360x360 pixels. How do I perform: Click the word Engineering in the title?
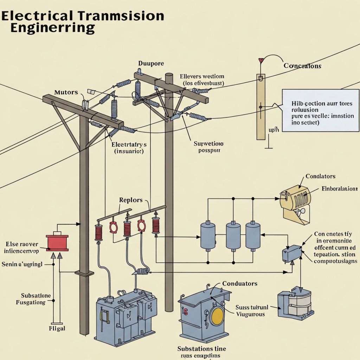(52, 28)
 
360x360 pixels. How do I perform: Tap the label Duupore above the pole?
(151, 64)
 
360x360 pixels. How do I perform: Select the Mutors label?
(66, 92)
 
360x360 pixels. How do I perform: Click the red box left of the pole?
(57, 243)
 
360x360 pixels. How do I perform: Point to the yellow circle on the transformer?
(217, 315)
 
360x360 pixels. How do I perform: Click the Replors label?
(131, 200)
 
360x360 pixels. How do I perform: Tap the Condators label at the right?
(320, 176)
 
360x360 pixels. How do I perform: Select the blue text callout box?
(321, 110)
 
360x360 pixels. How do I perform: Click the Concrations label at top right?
(302, 66)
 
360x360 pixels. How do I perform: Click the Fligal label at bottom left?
(57, 329)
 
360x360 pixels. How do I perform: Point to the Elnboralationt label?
(339, 189)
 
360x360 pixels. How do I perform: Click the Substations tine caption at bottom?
(201, 349)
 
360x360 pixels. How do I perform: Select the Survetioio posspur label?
(208, 147)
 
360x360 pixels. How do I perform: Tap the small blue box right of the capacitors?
(292, 253)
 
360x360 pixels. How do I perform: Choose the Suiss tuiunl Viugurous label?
(251, 311)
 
